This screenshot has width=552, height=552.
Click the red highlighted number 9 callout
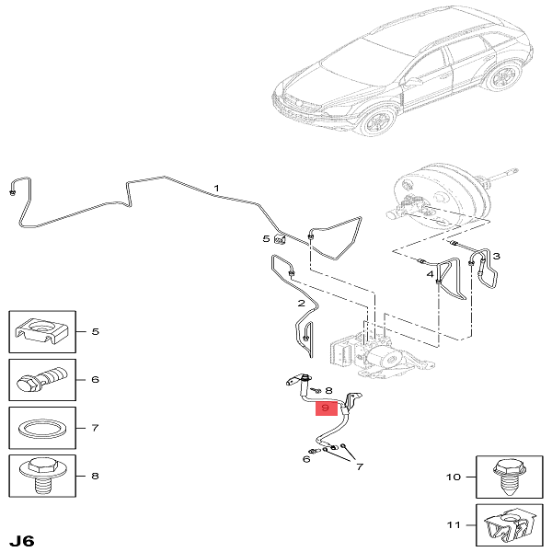click(x=327, y=408)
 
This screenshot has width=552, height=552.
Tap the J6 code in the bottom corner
click(x=21, y=540)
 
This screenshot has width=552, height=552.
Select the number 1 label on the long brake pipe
click(x=217, y=189)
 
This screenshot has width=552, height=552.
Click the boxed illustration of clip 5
click(x=42, y=331)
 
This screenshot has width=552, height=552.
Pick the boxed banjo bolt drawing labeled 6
click(x=42, y=379)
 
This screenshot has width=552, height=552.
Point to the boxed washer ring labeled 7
click(x=42, y=428)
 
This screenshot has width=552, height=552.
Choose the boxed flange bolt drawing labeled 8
click(x=42, y=476)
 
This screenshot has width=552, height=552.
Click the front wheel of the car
click(x=378, y=121)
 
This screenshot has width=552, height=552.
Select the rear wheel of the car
click(x=502, y=76)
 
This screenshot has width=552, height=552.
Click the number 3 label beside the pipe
click(x=497, y=256)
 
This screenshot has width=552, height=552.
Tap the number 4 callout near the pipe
click(x=431, y=274)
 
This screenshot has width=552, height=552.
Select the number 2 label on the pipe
click(x=302, y=303)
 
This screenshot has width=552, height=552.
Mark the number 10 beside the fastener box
click(x=454, y=477)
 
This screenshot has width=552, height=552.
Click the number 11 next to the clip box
click(x=454, y=525)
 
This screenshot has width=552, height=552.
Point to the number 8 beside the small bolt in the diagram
click(x=328, y=390)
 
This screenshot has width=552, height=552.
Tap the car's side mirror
click(x=410, y=83)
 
